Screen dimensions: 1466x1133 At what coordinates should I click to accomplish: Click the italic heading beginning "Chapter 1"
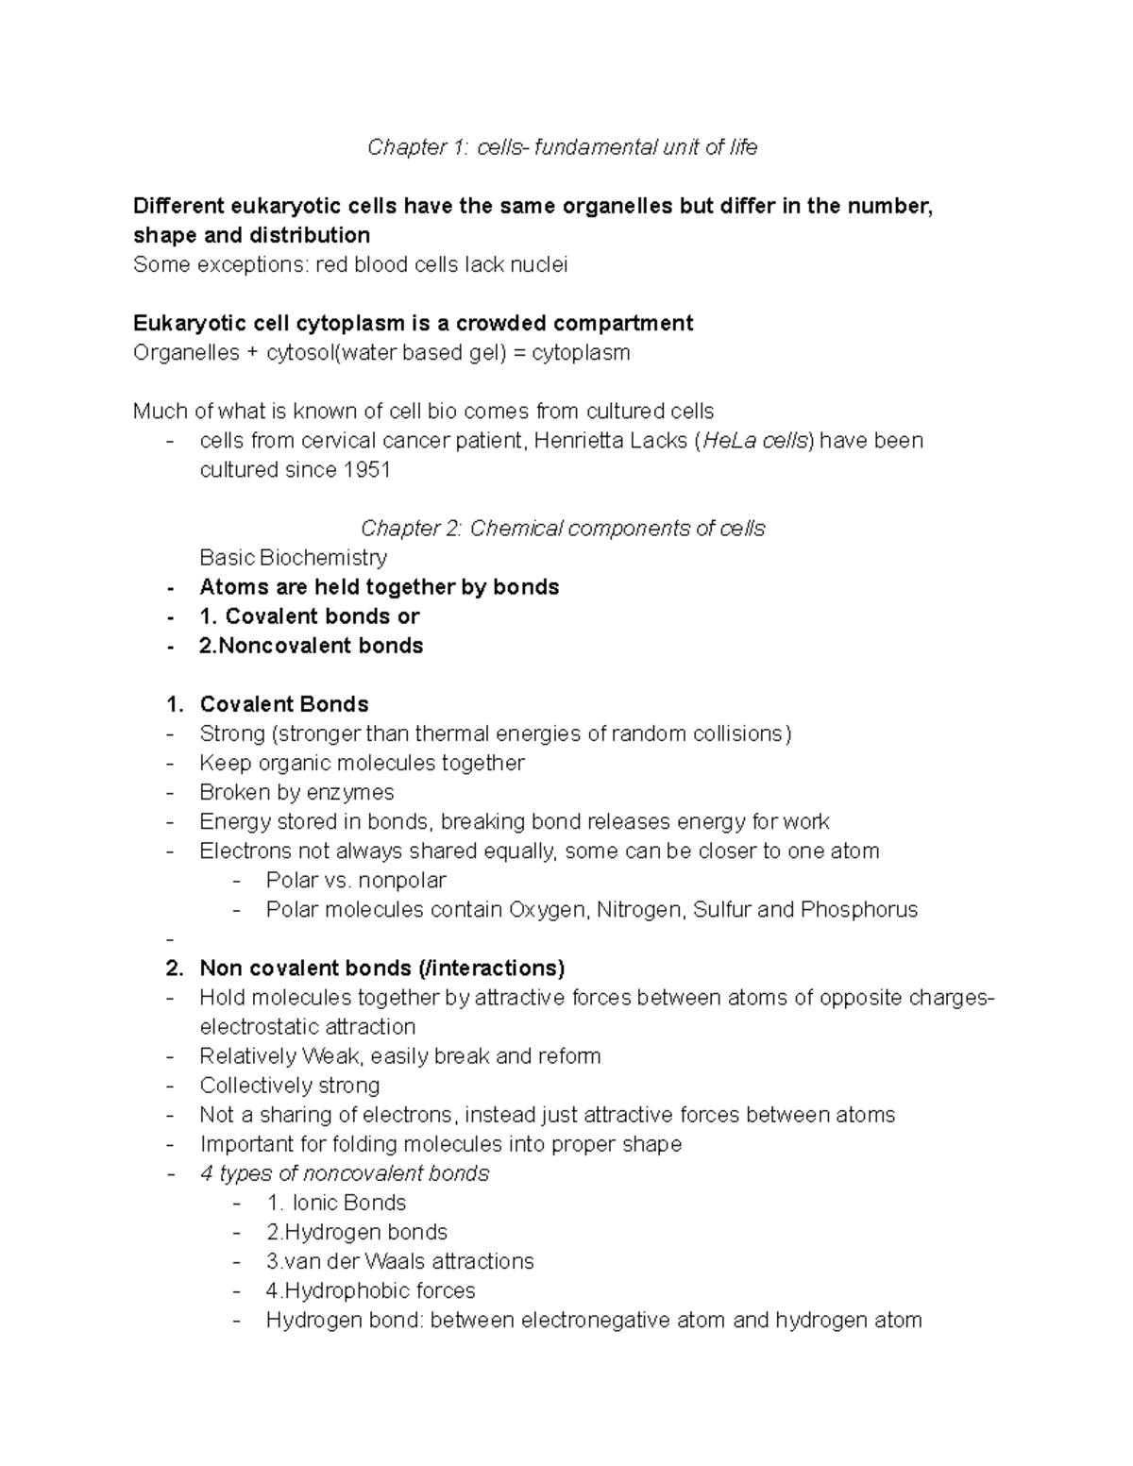click(562, 147)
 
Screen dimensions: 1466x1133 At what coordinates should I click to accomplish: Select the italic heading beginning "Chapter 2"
click(563, 529)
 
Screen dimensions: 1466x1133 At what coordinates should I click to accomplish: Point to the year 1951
click(366, 470)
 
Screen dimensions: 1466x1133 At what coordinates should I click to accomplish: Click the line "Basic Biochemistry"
click(294, 558)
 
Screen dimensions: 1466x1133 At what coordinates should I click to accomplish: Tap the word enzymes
click(350, 792)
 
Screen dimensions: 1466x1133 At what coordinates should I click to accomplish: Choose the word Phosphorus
click(858, 909)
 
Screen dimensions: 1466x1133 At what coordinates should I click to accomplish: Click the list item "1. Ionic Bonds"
click(336, 1203)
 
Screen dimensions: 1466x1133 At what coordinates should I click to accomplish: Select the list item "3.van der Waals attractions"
click(399, 1261)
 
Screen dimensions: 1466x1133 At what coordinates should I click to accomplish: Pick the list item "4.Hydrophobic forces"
click(370, 1290)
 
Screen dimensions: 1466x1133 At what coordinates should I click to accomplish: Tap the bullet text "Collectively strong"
click(289, 1086)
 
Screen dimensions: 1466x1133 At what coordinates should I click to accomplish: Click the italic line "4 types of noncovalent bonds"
click(344, 1173)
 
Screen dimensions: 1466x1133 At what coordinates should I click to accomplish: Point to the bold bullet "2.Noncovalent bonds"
click(311, 646)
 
